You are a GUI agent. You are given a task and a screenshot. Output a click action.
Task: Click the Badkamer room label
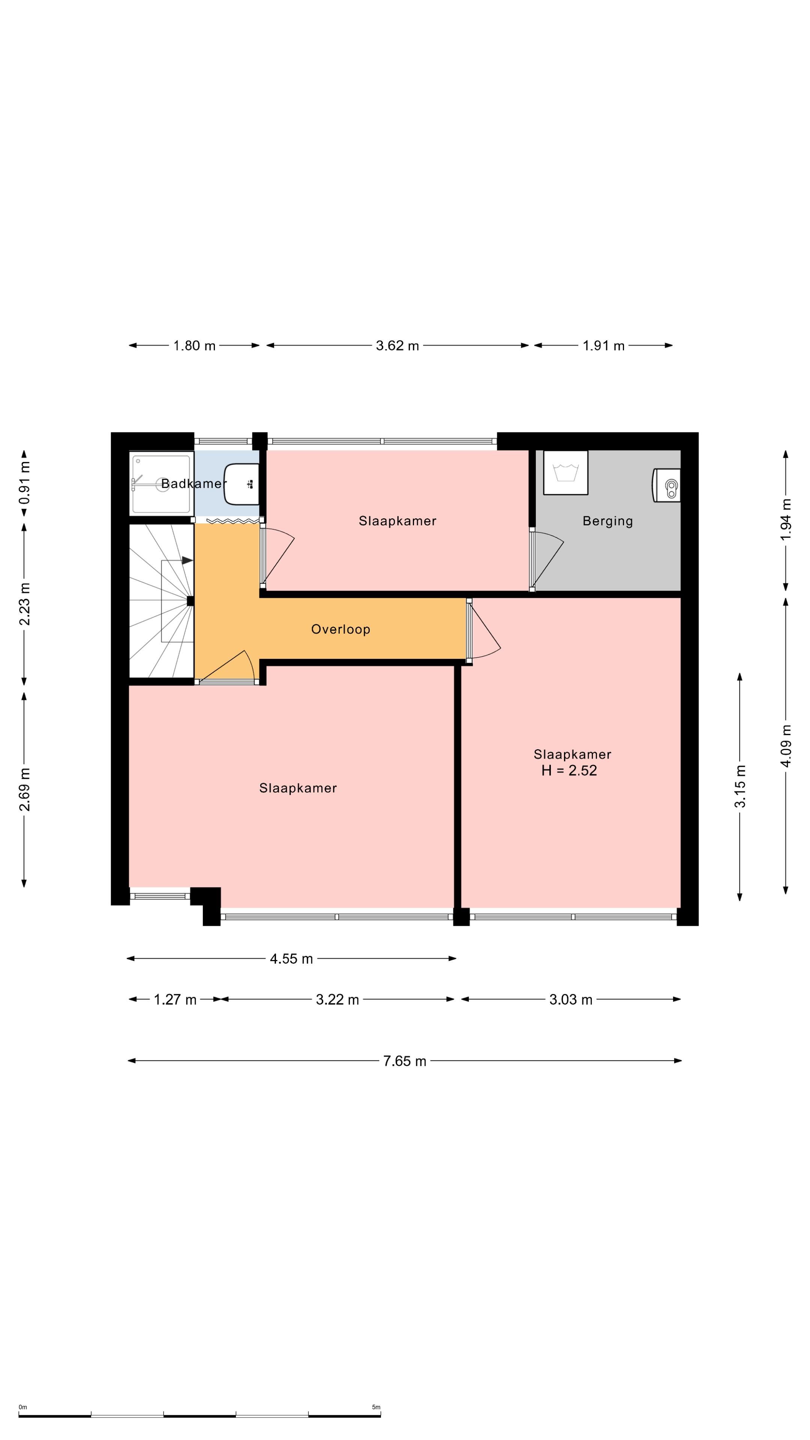coord(191,483)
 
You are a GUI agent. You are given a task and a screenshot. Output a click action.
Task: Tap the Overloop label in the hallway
coord(340,630)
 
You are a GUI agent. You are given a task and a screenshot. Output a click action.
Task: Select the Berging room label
coord(607,521)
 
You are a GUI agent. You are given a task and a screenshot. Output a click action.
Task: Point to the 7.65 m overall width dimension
coord(405,1061)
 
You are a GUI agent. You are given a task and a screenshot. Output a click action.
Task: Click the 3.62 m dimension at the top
coord(397,345)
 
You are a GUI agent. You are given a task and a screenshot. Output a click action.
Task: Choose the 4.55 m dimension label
coord(291,959)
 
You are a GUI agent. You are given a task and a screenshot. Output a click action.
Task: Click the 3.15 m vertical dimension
coord(740,786)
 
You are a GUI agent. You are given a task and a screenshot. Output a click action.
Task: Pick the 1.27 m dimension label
coord(175,999)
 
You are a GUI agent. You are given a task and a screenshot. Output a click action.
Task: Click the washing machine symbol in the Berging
coord(566,472)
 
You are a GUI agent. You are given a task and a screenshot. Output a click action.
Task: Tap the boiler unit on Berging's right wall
coord(666,485)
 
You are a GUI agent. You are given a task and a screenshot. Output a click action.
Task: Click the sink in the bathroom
coord(241,483)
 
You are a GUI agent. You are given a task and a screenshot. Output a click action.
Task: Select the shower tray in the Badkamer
coord(162,483)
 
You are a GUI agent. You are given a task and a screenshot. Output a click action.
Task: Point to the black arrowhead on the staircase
coord(187,560)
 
